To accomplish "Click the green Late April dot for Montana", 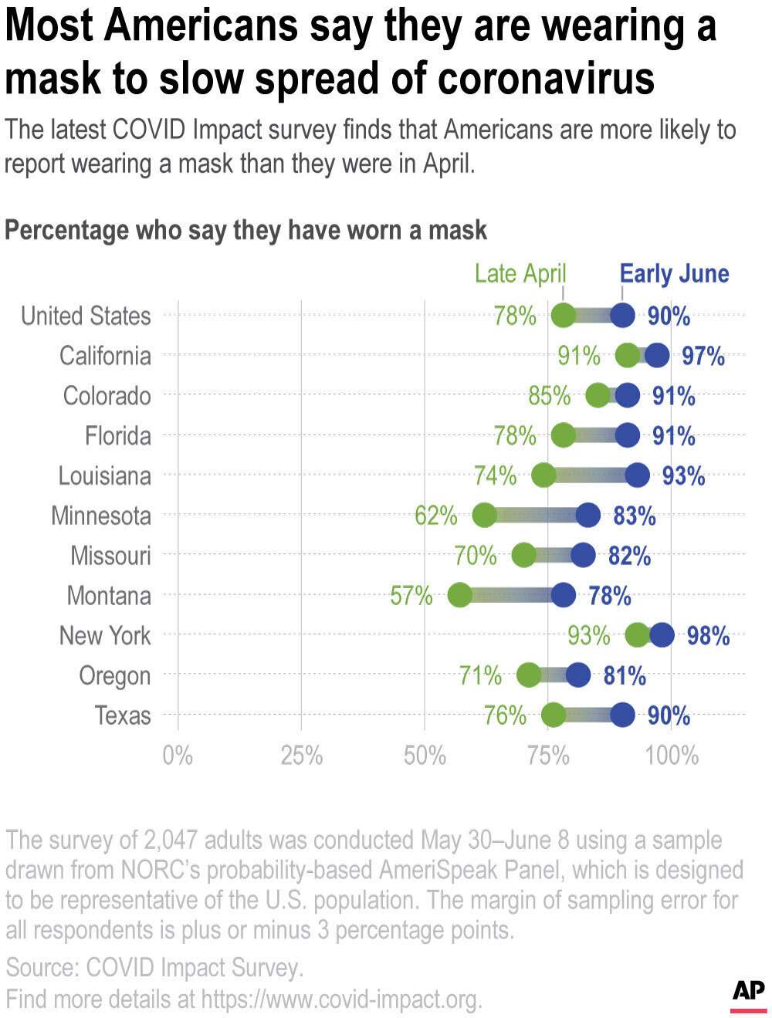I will (x=459, y=595).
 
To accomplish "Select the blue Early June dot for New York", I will (x=662, y=635).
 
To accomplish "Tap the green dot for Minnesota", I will (x=484, y=515).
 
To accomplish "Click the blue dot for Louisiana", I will (x=637, y=475).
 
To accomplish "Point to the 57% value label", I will (x=411, y=596).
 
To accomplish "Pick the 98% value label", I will (x=708, y=636).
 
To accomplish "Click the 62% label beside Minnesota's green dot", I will (x=435, y=516).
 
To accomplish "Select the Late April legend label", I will (x=520, y=273).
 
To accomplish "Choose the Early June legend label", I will (x=674, y=273).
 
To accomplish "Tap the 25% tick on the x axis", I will (x=301, y=755).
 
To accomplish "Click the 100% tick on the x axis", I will (x=671, y=755).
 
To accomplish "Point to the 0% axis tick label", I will (x=178, y=755).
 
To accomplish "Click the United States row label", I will (x=86, y=316).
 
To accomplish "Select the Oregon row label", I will (x=114, y=676).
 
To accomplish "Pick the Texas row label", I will (x=122, y=715).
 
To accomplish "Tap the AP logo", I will (x=748, y=993).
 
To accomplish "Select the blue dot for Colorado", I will (x=627, y=395).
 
